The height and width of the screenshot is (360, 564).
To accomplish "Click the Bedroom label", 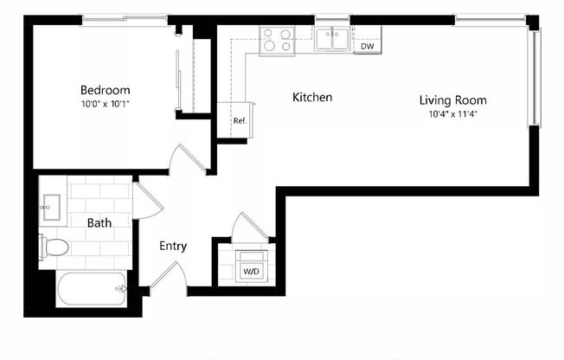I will pos(106,90).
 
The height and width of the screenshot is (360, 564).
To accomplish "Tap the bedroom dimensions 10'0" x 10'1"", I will pos(106,104).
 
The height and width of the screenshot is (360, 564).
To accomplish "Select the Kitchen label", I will pos(312,98).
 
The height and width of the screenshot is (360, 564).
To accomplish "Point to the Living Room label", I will pos(452,100).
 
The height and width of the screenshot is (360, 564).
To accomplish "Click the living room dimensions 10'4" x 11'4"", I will pos(452,113).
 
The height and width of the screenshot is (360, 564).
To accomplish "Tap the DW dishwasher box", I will pos(368,46).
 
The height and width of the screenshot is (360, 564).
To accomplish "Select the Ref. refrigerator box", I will pos(240,120).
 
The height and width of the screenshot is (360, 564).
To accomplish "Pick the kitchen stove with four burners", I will pos(278,40).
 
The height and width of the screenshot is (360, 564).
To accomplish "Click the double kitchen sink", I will pos(332,39).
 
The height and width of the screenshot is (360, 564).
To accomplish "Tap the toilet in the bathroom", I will pos(54,247).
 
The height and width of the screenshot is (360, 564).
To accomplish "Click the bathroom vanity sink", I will pos(49,205).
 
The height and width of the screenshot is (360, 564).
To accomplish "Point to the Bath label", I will pos(99,223).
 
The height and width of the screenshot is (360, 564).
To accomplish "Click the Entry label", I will pos(173,247).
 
